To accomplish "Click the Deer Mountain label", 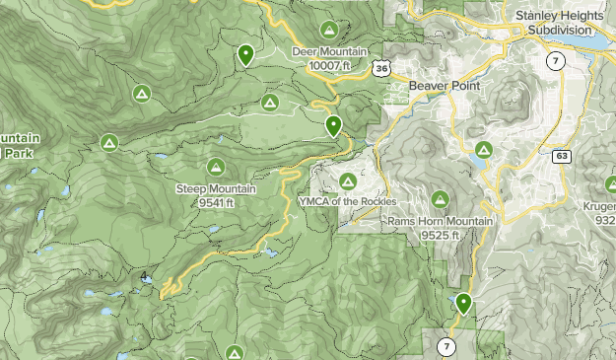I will [x=329, y=51].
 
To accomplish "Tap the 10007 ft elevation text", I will [x=329, y=64].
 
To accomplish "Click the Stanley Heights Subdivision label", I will [x=559, y=23].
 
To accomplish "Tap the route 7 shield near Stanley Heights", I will [x=557, y=61].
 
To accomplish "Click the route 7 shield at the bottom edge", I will [x=446, y=346].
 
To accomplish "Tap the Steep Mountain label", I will [x=216, y=188].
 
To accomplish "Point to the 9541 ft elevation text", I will [x=216, y=202].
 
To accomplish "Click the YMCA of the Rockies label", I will [x=347, y=200].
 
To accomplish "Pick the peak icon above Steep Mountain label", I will [x=216, y=167].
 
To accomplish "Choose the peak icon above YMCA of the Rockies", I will [x=347, y=180].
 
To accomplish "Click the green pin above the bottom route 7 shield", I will [x=462, y=303].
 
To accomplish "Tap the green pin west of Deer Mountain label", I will [x=245, y=54].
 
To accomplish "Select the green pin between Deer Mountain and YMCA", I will [x=334, y=125].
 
